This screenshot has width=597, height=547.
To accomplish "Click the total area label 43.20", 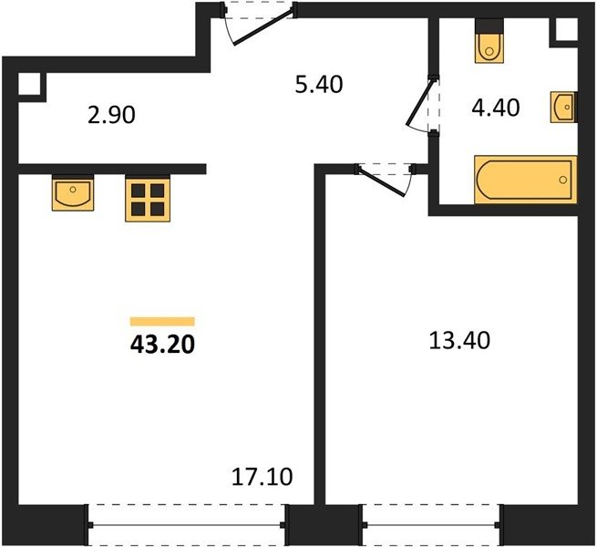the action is pyautogui.click(x=162, y=346).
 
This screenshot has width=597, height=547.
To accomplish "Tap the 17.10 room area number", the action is pyautogui.click(x=262, y=477).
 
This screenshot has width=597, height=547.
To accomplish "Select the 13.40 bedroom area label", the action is pyautogui.click(x=459, y=341).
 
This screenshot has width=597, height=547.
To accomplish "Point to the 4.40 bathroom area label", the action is pyautogui.click(x=496, y=108).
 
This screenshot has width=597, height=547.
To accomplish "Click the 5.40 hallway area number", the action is pyautogui.click(x=319, y=85).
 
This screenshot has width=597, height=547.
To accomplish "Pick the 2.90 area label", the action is pyautogui.click(x=111, y=115).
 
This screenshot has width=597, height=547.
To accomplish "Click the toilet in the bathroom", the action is pyautogui.click(x=489, y=41).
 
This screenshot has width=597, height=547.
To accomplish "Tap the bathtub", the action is pyautogui.click(x=525, y=180).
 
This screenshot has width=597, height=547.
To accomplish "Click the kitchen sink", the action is pyautogui.click(x=73, y=193).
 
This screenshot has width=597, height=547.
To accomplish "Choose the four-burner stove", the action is pyautogui.click(x=148, y=199).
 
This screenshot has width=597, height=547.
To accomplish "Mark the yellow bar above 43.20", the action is pyautogui.click(x=162, y=322).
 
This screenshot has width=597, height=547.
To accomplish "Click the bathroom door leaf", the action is pyautogui.click(x=420, y=103).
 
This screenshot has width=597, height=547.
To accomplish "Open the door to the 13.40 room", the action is pyautogui.click(x=382, y=182).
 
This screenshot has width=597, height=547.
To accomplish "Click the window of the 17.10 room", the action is pyautogui.click(x=187, y=525).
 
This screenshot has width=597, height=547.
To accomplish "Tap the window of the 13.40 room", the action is pyautogui.click(x=431, y=525).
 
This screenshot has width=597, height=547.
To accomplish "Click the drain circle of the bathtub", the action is pyautogui.click(x=563, y=180).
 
